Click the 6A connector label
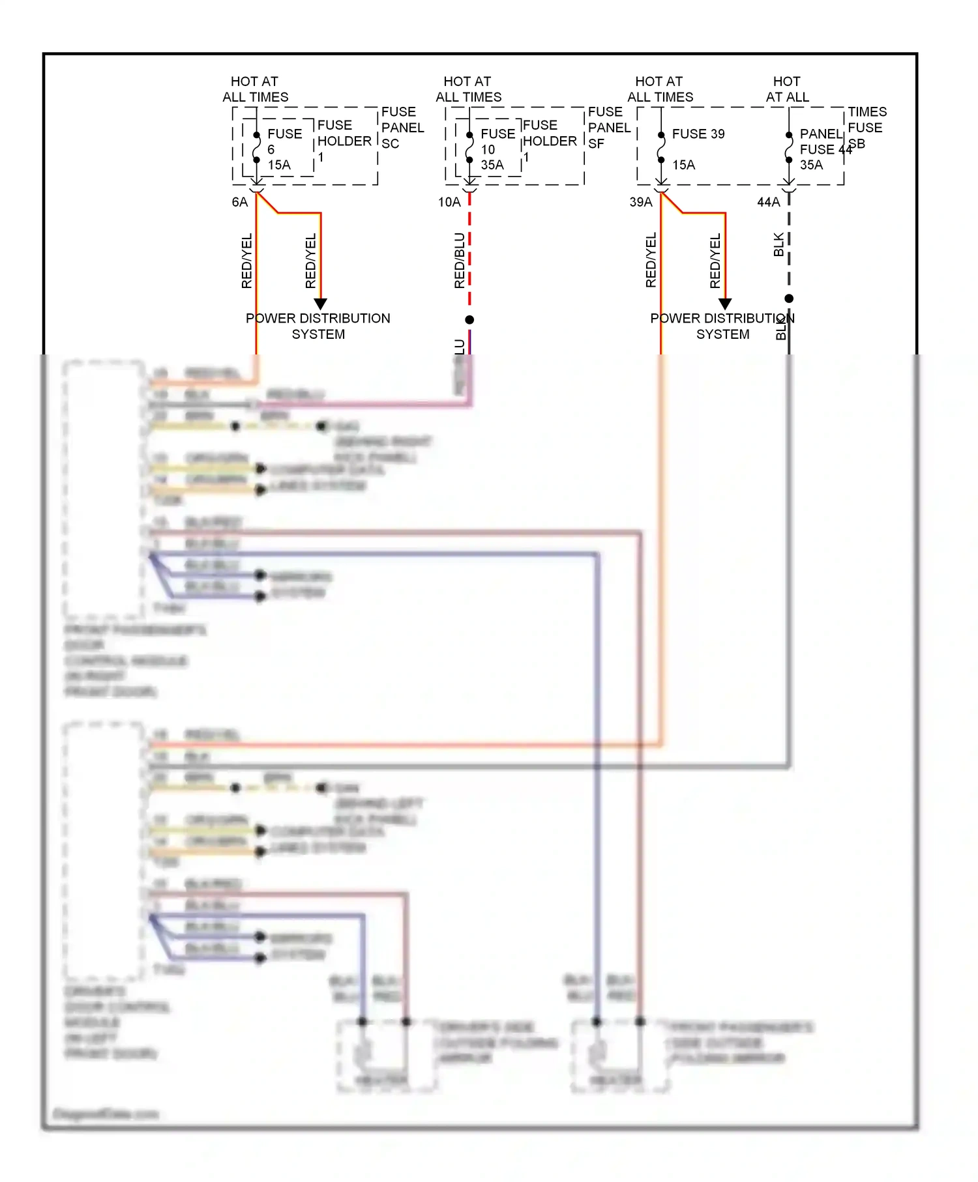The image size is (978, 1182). click(240, 202)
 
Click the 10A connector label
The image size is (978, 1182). click(449, 202)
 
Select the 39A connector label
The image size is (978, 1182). click(640, 202)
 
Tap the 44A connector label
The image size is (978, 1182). click(768, 202)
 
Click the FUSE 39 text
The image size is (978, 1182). click(698, 134)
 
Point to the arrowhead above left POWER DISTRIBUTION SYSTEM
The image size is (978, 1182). click(320, 304)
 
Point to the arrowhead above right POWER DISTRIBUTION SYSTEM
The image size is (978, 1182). click(725, 304)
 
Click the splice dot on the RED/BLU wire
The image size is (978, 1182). click(469, 319)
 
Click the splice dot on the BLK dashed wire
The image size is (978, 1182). click(789, 298)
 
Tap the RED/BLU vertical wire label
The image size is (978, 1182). click(460, 261)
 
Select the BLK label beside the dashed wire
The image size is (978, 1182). click(778, 244)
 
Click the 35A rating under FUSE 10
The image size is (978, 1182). click(492, 165)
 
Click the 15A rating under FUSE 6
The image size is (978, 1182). click(279, 165)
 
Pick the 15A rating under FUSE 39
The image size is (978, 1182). click(683, 165)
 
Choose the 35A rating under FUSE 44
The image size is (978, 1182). click(811, 165)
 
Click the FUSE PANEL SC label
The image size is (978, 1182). click(402, 128)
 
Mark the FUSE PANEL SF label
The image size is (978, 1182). click(608, 128)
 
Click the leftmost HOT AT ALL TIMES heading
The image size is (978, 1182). click(255, 89)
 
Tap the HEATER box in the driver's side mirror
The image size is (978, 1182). click(381, 1080)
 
